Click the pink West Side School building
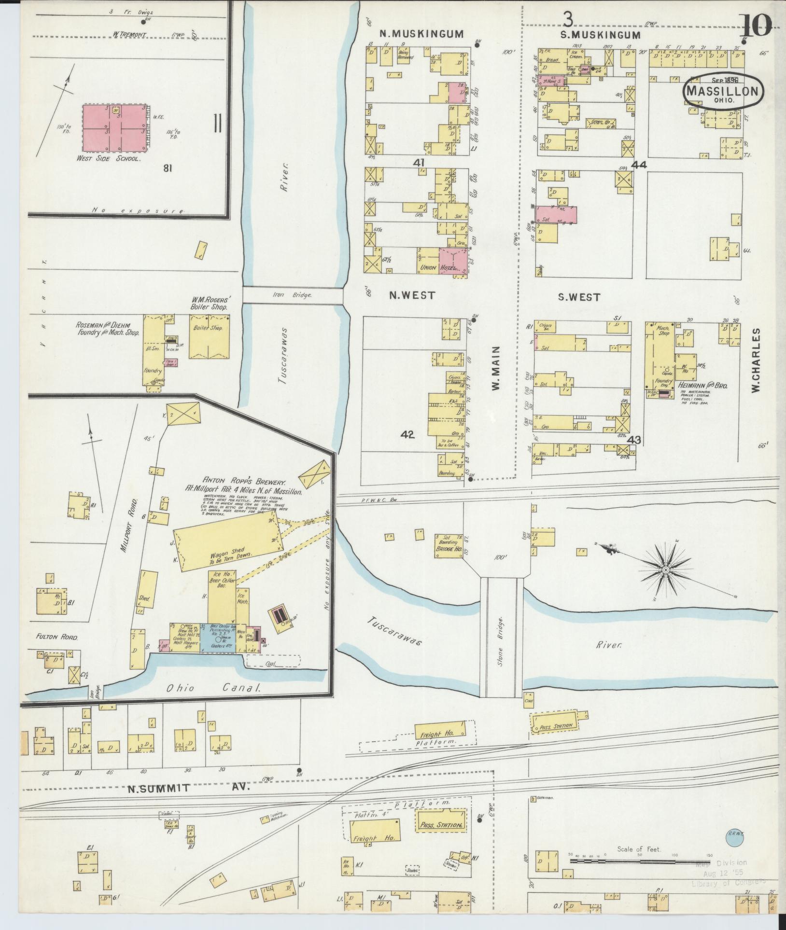coord(114,129)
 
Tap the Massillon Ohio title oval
coord(723,91)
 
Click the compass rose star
coord(665,570)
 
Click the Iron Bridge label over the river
coord(293,295)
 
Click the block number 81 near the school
coord(168,168)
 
